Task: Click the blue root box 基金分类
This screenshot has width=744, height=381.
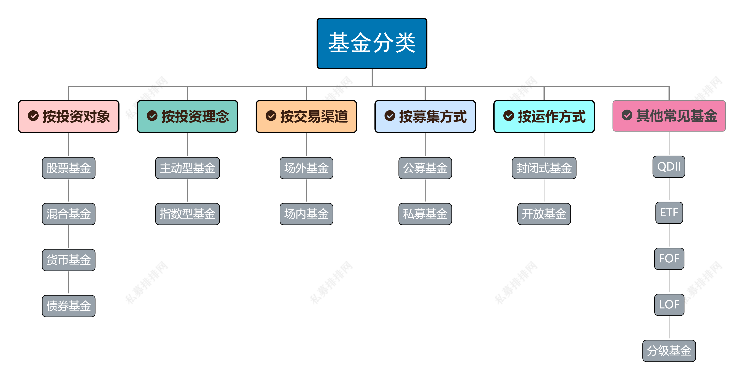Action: (372, 43)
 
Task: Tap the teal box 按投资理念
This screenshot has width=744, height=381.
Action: (187, 117)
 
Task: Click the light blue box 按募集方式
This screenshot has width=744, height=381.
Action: (425, 117)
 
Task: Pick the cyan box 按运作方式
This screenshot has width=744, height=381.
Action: (544, 117)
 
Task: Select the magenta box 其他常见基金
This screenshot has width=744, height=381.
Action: (669, 116)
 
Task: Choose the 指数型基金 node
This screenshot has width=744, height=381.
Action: (187, 214)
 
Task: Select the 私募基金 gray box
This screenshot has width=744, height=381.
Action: (425, 214)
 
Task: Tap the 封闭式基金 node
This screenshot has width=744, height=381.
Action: (544, 168)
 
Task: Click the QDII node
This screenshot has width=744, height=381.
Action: (669, 167)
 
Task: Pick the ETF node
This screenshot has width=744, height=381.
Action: (669, 213)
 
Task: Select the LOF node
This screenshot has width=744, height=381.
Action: (669, 305)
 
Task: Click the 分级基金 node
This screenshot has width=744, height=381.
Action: (669, 351)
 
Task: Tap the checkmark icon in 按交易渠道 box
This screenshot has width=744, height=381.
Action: (271, 116)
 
